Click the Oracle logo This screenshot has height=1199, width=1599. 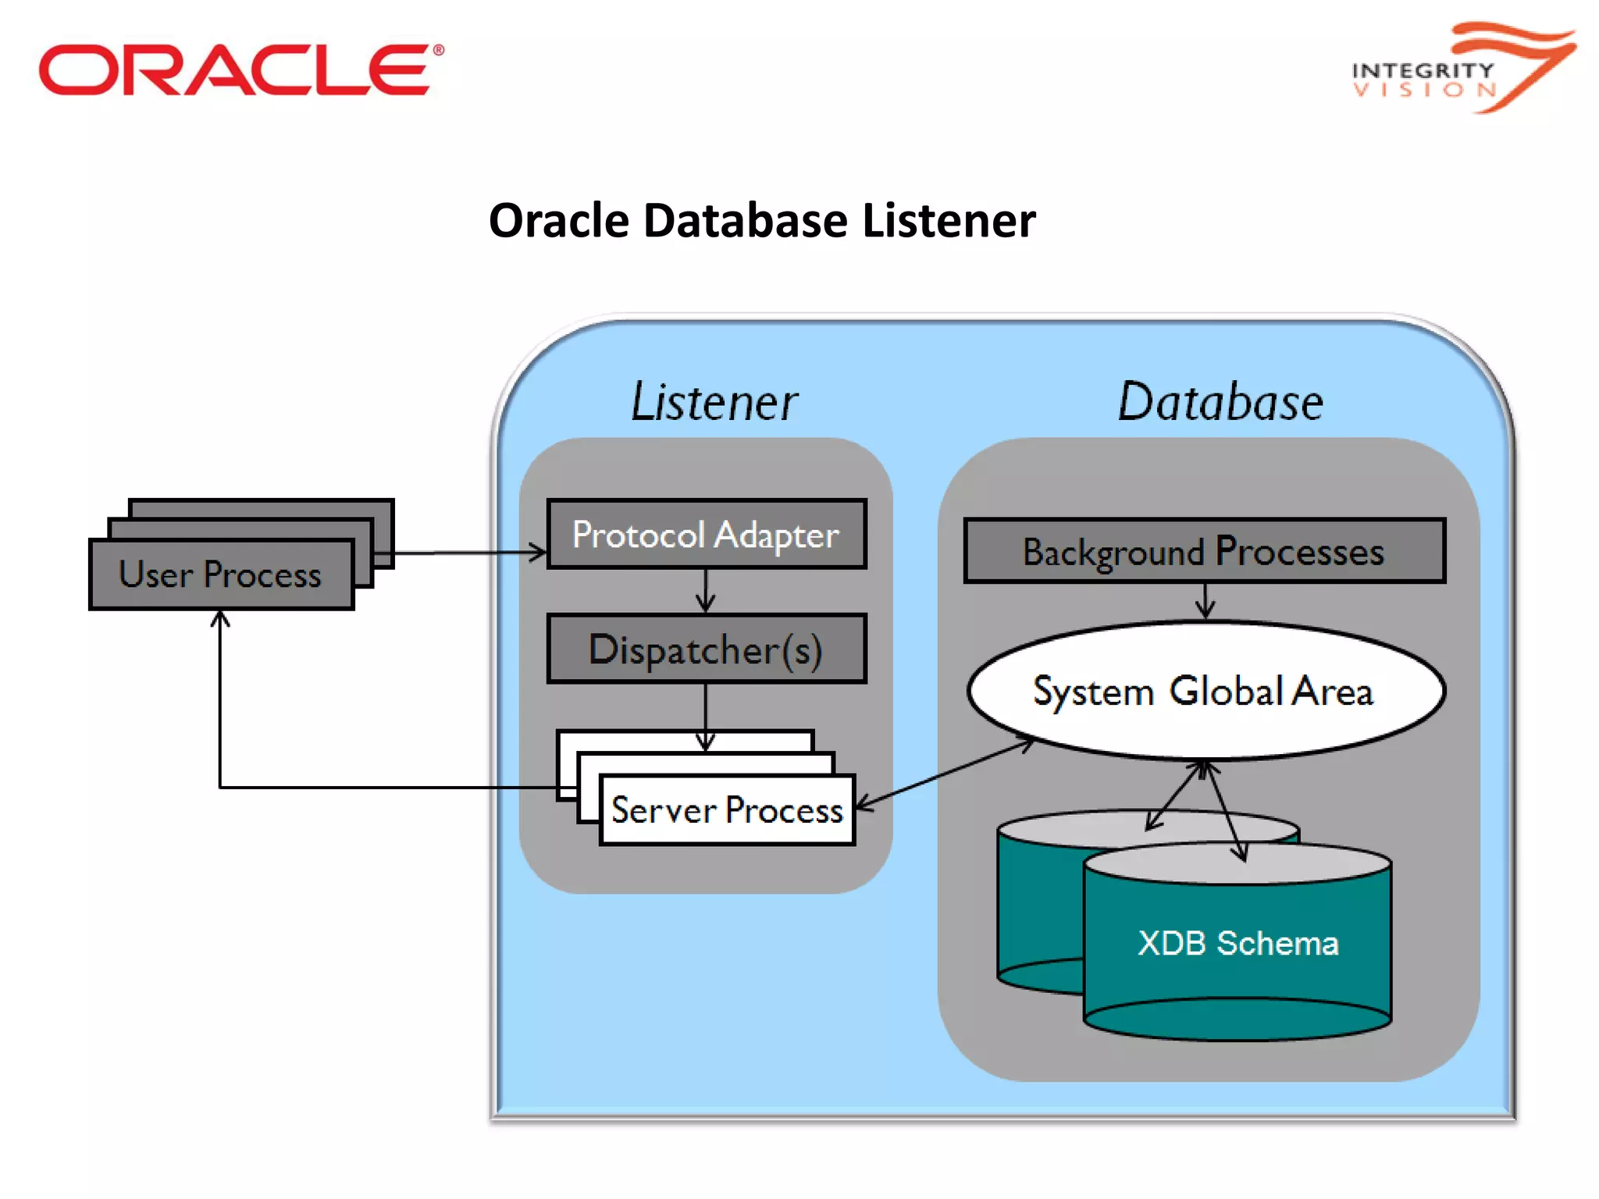(x=240, y=69)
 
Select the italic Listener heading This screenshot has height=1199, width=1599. (x=714, y=402)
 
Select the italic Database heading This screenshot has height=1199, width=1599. (x=1220, y=402)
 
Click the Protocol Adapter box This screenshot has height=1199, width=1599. (x=706, y=535)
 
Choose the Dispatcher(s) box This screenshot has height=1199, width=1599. (x=706, y=649)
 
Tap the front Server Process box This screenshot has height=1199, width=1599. (x=727, y=810)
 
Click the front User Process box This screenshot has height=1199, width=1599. (x=221, y=575)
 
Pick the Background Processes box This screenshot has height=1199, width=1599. (x=1203, y=551)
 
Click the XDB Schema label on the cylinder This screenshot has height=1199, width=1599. (x=1238, y=944)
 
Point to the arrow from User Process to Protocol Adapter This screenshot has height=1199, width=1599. (x=468, y=553)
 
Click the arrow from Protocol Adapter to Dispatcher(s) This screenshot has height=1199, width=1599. (x=706, y=592)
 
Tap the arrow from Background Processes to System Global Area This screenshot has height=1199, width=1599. (x=1205, y=602)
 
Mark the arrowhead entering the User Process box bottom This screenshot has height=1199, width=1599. (x=221, y=621)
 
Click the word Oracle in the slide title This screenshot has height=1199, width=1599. (x=558, y=221)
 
